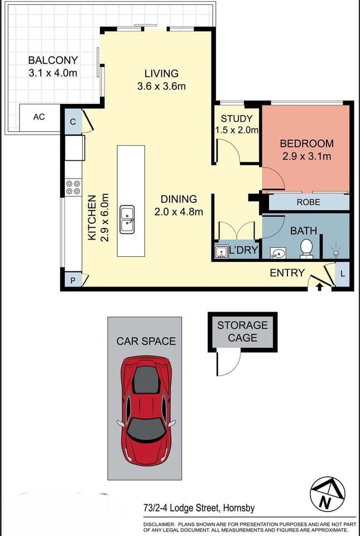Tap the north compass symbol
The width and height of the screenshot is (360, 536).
(328, 493)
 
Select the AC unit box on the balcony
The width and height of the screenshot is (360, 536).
(39, 117)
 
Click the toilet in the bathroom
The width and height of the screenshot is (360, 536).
(306, 248)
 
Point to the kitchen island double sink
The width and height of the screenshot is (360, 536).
(128, 217)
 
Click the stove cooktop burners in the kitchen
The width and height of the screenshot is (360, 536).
(73, 186)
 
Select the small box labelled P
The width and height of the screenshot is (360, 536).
(73, 280)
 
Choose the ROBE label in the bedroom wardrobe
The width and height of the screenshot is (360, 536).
(308, 202)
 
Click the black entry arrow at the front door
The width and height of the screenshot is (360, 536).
(319, 287)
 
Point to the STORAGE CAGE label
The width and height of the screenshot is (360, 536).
(242, 331)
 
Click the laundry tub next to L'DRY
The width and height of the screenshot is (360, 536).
(220, 251)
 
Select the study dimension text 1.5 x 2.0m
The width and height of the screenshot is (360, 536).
(237, 130)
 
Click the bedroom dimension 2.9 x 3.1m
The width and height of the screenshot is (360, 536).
(306, 156)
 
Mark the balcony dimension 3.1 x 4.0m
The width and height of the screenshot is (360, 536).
(53, 73)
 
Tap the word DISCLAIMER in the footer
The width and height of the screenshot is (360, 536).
(159, 525)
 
